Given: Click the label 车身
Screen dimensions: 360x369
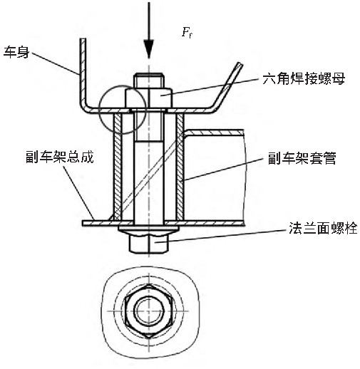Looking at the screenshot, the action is click(x=16, y=52).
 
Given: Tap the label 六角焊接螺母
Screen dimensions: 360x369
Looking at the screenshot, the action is click(x=304, y=78).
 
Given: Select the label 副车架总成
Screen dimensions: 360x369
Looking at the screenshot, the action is click(x=60, y=157).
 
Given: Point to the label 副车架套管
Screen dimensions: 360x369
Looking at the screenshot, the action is click(x=302, y=158).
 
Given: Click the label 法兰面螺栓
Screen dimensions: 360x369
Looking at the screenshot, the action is click(x=323, y=228).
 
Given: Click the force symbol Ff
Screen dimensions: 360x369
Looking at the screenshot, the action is click(x=187, y=32).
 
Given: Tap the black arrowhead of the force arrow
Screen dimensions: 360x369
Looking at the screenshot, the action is click(x=149, y=48).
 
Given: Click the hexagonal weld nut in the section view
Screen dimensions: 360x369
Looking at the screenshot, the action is click(x=149, y=98).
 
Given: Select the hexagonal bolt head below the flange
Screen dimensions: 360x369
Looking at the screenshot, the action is click(x=149, y=244).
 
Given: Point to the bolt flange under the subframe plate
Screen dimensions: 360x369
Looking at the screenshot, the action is click(x=148, y=229).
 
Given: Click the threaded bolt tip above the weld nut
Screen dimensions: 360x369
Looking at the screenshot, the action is click(x=149, y=80).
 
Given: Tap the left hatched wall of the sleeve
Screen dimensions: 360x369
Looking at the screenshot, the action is click(x=118, y=166).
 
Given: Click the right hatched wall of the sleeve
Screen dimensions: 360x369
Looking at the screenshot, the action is click(x=180, y=166).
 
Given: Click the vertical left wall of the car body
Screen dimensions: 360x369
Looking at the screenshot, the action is click(x=83, y=71).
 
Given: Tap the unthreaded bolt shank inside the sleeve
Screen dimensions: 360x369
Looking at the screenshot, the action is click(x=149, y=182).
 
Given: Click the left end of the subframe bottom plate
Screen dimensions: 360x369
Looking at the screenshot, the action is click(x=83, y=223).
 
